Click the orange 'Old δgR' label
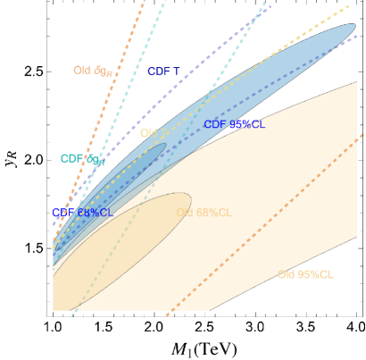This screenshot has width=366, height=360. tap(93, 71)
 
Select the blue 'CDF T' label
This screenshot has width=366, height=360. tap(163, 71)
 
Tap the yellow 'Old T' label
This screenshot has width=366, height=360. tap(153, 133)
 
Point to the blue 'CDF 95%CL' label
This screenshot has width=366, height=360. tap(234, 124)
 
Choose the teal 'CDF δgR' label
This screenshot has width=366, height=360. tap(82, 159)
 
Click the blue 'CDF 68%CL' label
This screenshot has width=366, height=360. tap(82, 213)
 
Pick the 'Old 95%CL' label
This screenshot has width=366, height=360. tap(305, 274)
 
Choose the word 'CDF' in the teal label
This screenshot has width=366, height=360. tap(71, 159)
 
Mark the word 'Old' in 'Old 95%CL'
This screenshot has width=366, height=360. tap(287, 274)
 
